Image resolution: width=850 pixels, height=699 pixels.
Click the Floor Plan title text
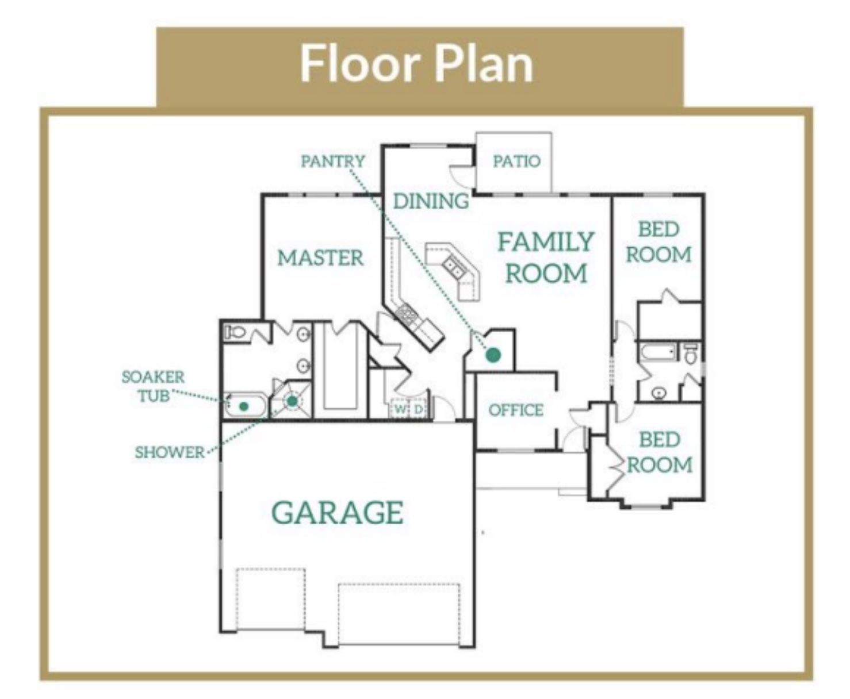(x=417, y=64)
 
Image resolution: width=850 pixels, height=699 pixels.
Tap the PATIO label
(x=516, y=161)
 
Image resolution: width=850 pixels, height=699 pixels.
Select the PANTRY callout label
(x=333, y=161)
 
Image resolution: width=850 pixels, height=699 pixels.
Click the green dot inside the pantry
(x=493, y=355)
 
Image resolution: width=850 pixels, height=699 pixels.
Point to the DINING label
(x=431, y=201)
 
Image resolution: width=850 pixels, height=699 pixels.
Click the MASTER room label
(x=320, y=258)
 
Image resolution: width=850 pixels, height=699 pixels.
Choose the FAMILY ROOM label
(x=546, y=257)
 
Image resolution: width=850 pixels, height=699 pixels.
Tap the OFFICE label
(x=516, y=410)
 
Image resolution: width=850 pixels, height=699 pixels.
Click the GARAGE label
(x=338, y=512)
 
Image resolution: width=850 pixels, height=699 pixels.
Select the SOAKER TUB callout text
(x=153, y=386)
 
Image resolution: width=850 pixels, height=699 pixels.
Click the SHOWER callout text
(x=170, y=452)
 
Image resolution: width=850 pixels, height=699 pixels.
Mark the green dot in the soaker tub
(x=243, y=406)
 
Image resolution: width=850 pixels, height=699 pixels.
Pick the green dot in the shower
(x=292, y=401)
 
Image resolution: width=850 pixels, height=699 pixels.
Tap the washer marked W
(x=400, y=409)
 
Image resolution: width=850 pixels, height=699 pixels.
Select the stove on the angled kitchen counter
(x=408, y=313)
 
